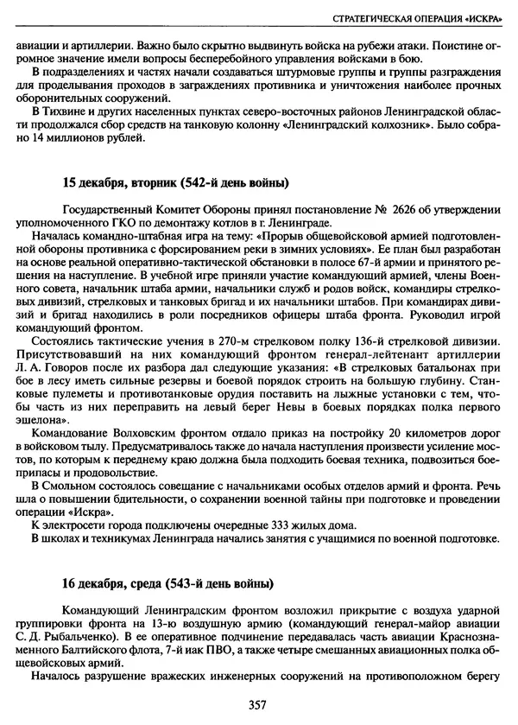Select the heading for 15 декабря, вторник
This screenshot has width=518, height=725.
tap(175, 183)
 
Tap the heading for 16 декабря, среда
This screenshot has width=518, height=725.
tap(168, 582)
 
